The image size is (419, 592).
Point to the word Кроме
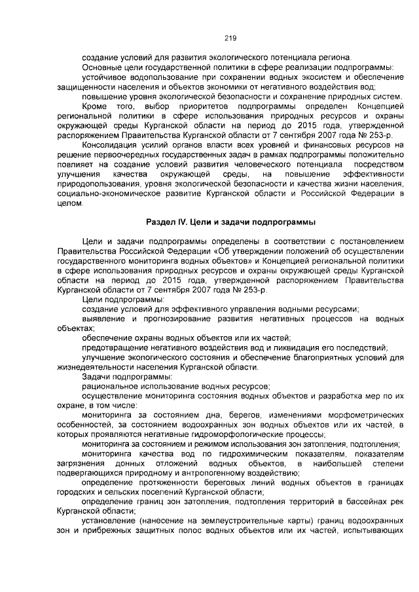tap(96, 105)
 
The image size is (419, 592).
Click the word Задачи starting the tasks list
tap(96, 376)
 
